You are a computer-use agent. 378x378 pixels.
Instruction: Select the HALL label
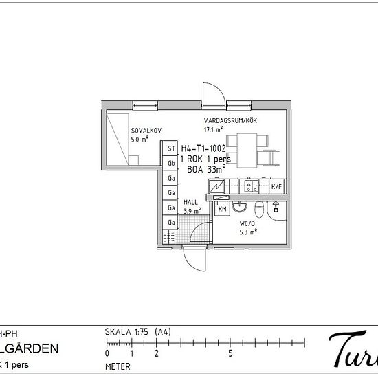point(191,202)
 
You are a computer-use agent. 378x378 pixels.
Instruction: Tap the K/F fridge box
point(276,187)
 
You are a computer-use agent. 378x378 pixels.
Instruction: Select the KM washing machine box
point(222,208)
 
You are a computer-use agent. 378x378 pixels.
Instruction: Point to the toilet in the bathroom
point(259,208)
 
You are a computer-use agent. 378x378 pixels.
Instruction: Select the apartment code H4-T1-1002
point(203,148)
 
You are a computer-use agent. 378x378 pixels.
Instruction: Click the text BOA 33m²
point(208,167)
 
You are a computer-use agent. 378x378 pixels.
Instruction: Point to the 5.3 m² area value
point(249,232)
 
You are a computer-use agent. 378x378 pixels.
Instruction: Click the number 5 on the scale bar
point(230,354)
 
